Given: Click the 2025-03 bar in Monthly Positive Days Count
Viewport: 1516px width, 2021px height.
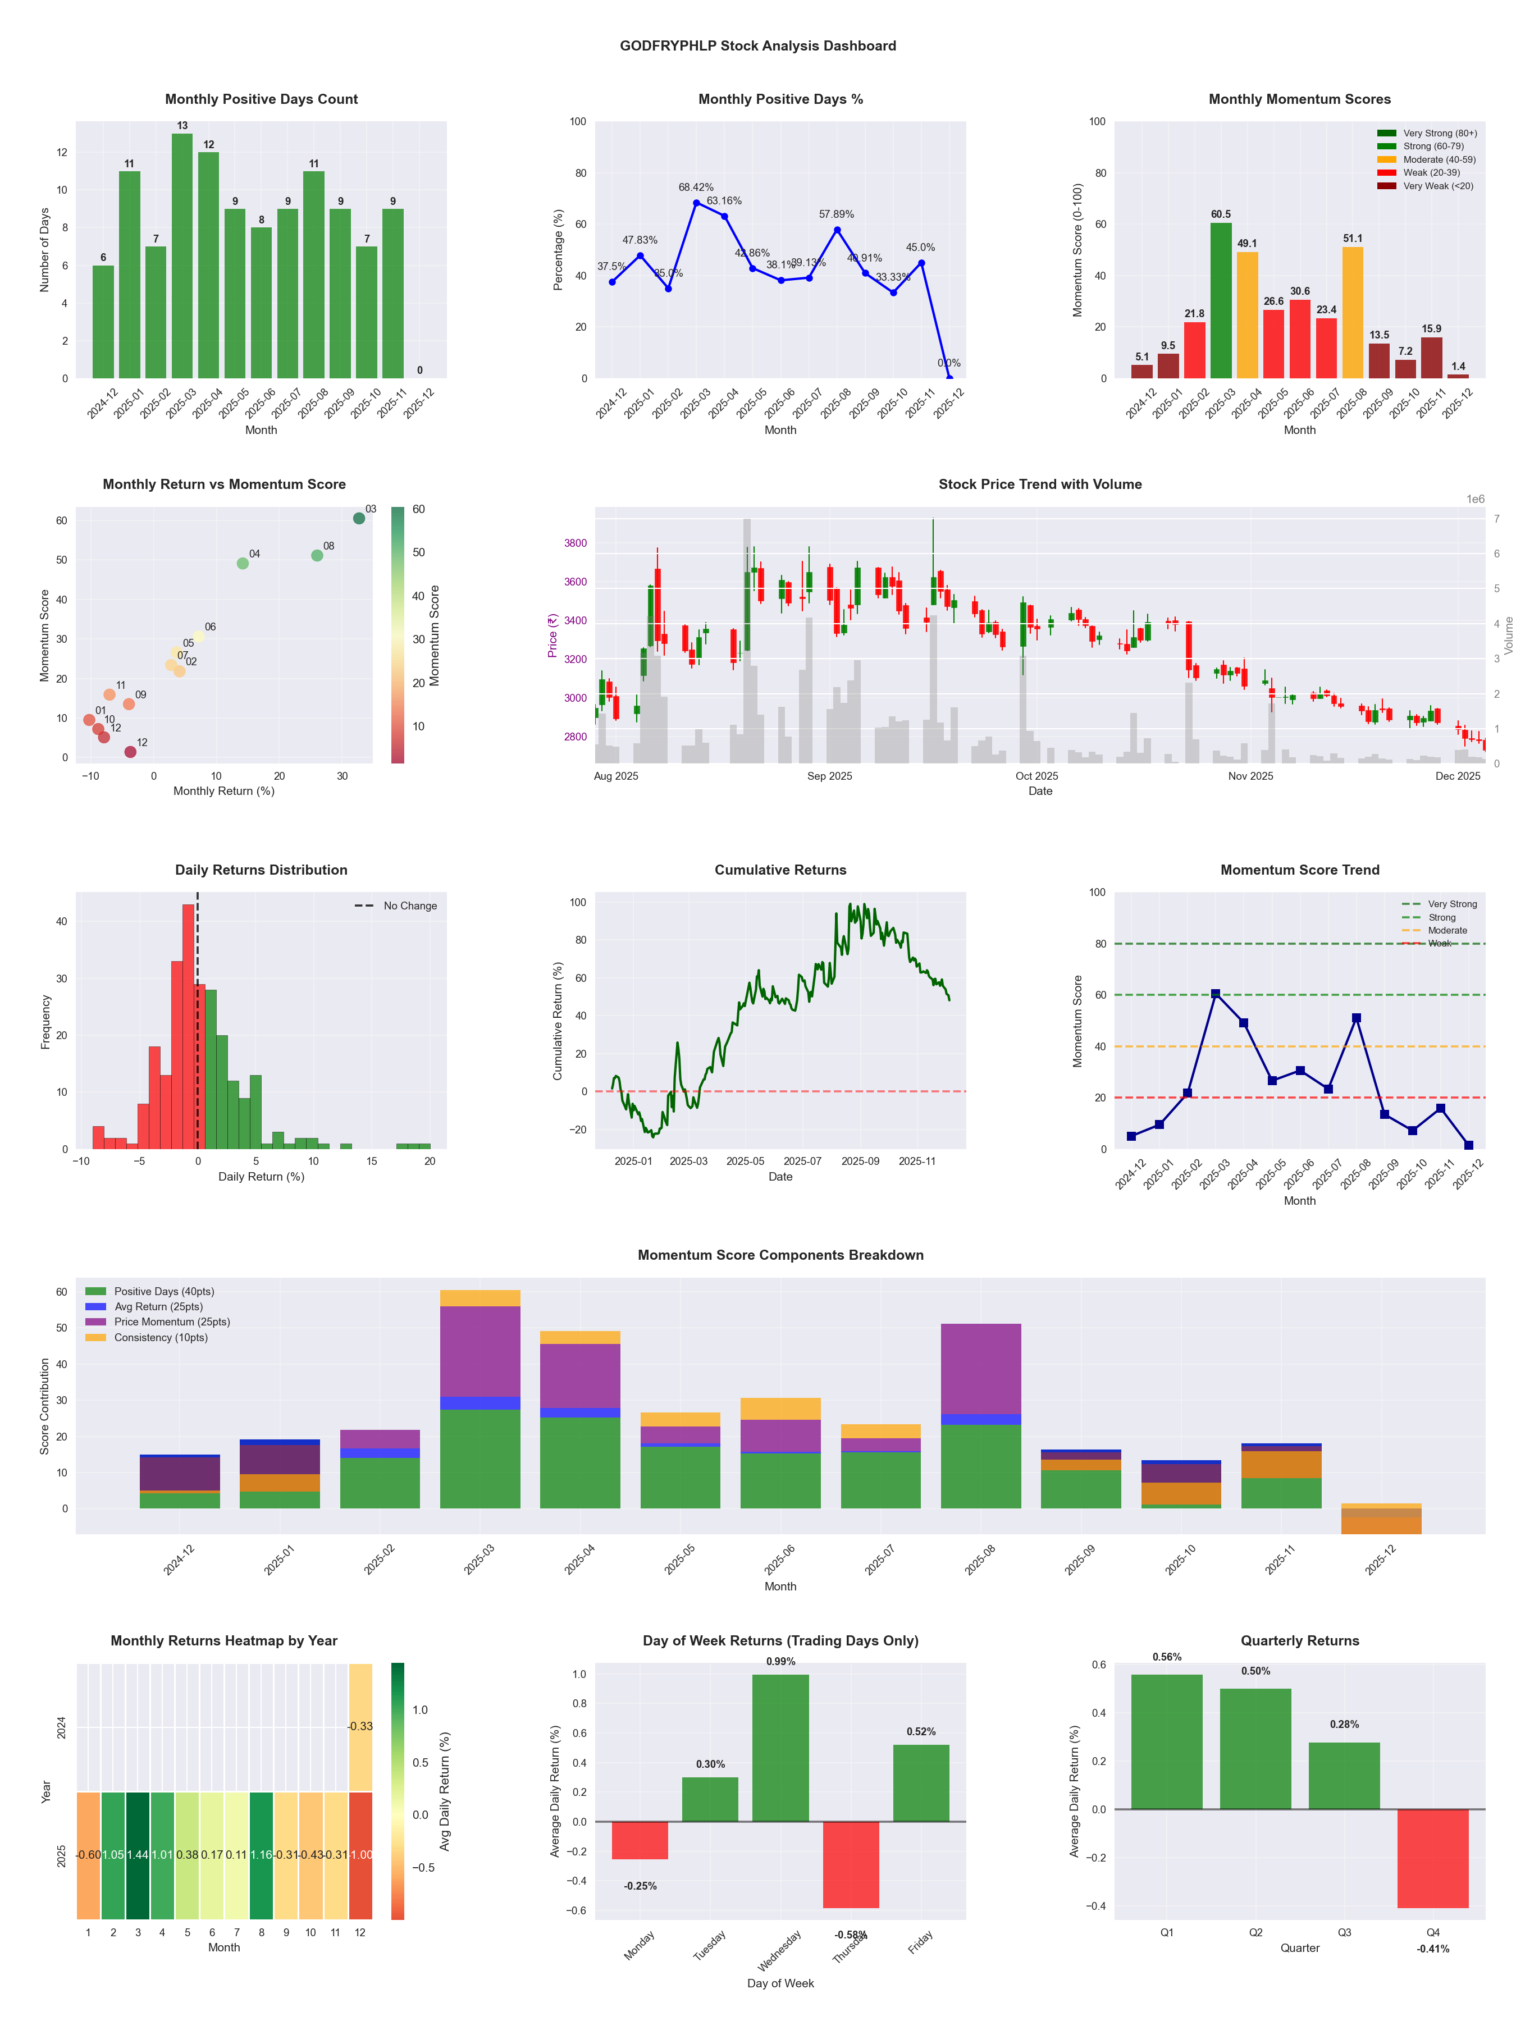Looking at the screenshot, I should pos(182,256).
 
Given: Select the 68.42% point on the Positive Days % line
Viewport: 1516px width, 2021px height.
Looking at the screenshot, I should pos(696,203).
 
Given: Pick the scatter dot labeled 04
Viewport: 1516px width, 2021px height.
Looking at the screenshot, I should pos(242,564).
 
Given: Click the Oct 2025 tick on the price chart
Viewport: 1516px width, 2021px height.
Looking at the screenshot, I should pos(1036,776).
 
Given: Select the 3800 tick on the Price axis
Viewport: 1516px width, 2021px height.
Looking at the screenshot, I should pos(576,543).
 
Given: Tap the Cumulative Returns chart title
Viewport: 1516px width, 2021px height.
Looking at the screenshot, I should pos(780,870).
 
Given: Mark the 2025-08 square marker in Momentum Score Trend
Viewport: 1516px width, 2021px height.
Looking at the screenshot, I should pos(1356,1018).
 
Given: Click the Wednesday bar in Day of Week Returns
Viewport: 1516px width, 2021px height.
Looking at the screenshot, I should pos(780,1748).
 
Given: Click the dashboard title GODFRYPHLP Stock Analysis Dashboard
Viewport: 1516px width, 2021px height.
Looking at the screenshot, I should pos(757,45).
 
